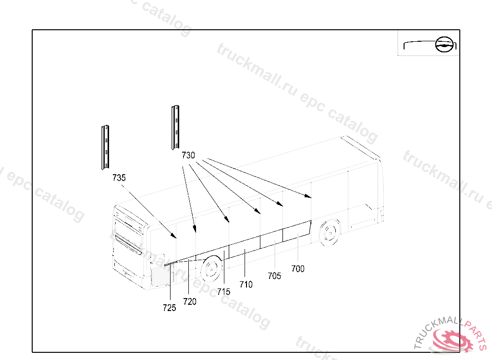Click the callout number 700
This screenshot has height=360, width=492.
[298, 269]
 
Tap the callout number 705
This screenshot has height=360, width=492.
[274, 276]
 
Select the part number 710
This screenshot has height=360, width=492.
[246, 285]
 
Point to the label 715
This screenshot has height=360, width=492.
[224, 292]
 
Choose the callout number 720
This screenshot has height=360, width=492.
[190, 301]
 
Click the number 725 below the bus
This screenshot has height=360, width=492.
[170, 308]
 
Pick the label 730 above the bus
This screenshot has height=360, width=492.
[188, 155]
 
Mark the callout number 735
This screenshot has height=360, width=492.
[119, 178]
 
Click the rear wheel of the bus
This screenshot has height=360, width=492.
[211, 269]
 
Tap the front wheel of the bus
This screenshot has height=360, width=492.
[330, 233]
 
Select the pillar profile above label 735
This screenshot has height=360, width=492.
[105, 147]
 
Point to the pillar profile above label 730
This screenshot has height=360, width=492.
[175, 127]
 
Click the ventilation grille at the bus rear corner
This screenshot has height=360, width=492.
[160, 275]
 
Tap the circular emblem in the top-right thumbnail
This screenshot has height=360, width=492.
[444, 44]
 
